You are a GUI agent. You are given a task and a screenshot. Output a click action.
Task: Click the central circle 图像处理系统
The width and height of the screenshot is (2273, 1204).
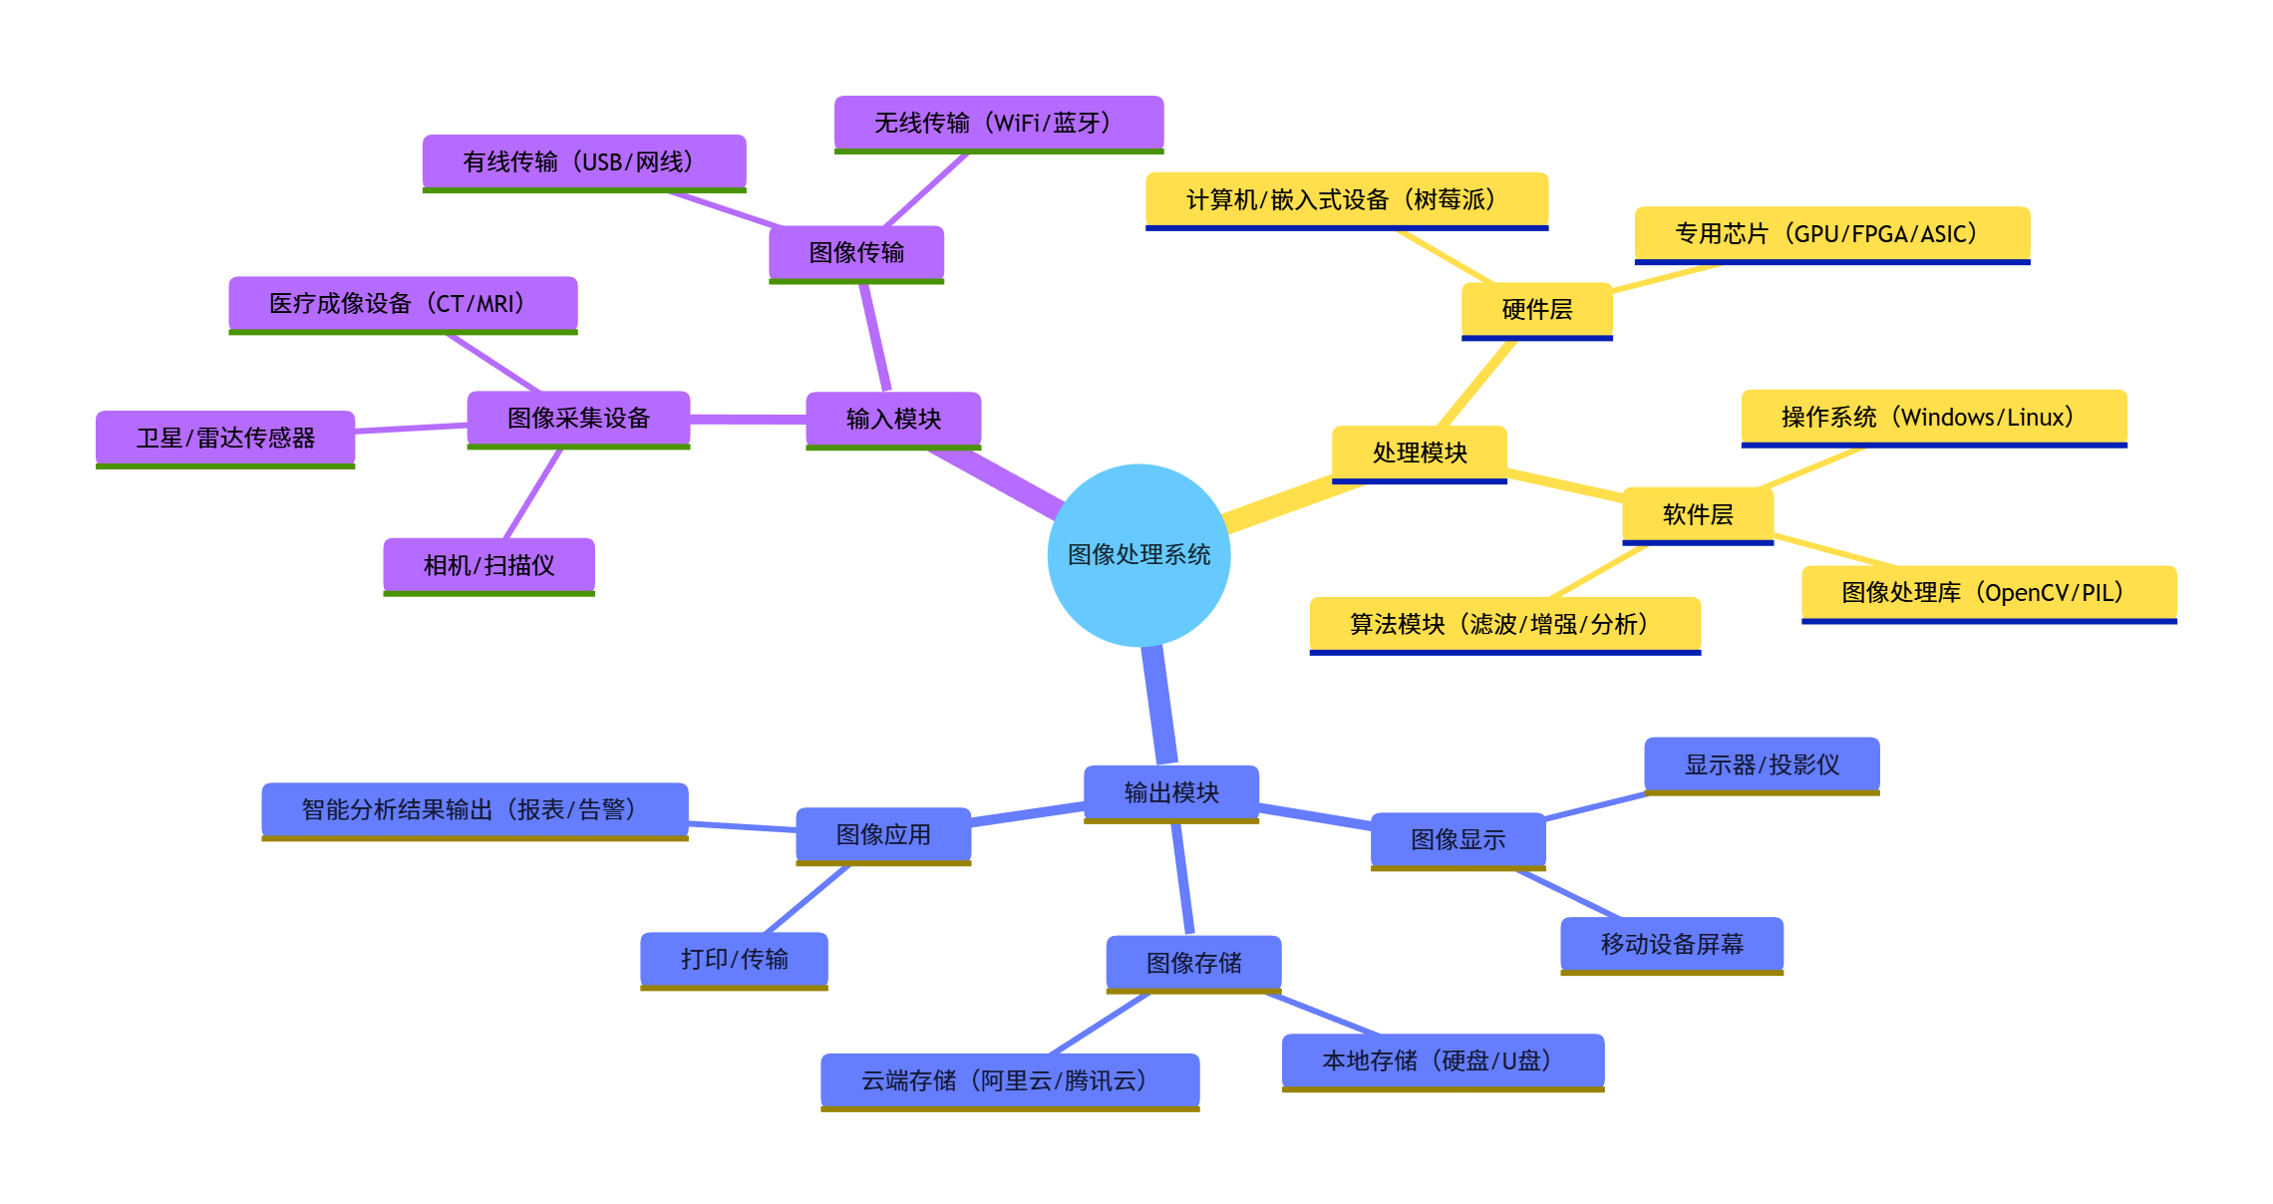coord(1138,555)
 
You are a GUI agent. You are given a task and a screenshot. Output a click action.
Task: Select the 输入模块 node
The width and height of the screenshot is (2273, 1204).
coord(893,419)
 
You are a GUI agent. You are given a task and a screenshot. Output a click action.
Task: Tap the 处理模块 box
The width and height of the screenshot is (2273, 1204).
coord(1420,453)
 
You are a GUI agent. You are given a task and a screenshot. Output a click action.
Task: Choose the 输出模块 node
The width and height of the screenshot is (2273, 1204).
coord(1171,792)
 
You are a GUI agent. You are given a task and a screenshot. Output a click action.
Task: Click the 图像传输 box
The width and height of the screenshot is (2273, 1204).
coord(856,252)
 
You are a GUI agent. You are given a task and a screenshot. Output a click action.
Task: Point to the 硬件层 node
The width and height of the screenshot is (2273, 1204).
coord(1536,310)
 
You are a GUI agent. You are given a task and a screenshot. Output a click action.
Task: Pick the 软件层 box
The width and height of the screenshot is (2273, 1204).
coord(1698,514)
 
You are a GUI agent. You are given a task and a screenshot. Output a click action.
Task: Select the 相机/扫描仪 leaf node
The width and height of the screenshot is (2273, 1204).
coord(488,565)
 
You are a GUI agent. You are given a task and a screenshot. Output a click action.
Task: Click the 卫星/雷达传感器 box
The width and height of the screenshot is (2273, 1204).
coord(225,438)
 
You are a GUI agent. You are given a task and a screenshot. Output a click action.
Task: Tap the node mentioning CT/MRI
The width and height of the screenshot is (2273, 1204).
coord(403,303)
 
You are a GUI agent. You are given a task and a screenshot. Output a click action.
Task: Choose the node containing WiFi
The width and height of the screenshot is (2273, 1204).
coord(998,123)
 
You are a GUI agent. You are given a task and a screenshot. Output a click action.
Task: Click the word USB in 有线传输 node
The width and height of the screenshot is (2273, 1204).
coord(601,161)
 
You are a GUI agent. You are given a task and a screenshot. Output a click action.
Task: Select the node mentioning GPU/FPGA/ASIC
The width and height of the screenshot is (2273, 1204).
coord(1831,233)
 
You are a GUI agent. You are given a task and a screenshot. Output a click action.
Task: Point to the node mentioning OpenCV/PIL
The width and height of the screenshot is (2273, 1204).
coord(1989,593)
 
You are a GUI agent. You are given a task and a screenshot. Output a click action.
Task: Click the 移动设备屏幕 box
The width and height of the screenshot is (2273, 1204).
coord(1672,944)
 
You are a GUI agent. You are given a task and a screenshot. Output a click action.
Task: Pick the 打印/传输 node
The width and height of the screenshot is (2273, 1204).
coord(734,959)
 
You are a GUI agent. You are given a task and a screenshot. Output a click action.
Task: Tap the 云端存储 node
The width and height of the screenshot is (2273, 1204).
coord(1010,1080)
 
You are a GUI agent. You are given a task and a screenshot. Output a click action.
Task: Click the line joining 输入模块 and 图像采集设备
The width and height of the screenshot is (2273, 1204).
coord(748,420)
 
